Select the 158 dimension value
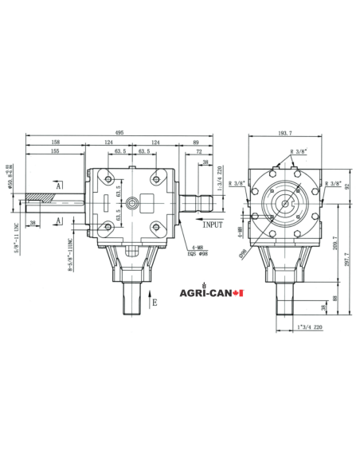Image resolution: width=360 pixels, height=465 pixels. (54, 142)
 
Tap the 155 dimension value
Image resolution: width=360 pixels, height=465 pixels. (54, 150)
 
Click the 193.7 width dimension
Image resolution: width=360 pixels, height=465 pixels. (287, 133)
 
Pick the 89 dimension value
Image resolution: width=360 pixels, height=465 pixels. (196, 142)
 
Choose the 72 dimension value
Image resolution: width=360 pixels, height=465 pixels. (198, 150)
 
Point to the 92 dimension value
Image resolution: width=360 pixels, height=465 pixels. (347, 189)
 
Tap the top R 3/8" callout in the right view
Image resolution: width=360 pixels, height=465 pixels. (299, 150)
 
